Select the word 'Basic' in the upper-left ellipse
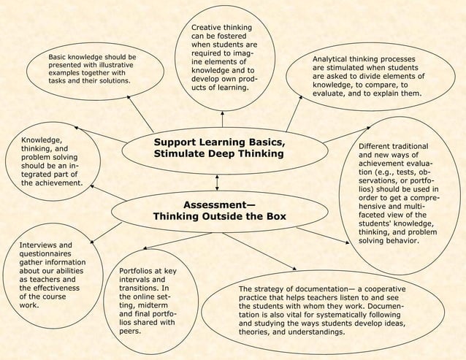click(x=60, y=55)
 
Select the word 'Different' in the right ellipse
click(x=378, y=146)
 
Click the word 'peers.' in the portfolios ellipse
click(x=131, y=332)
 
